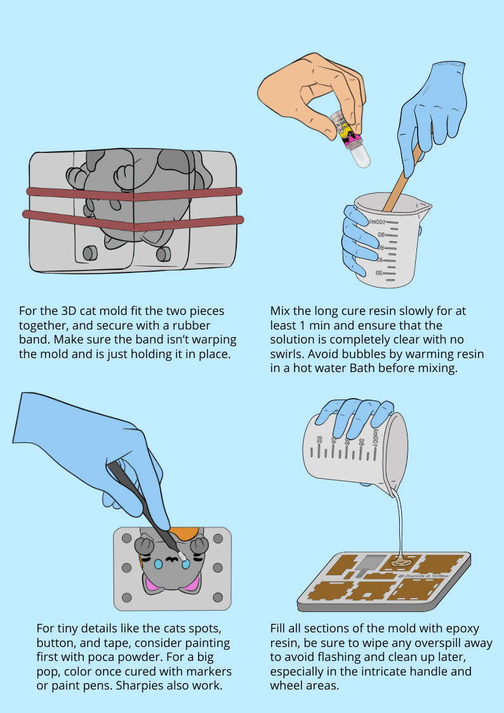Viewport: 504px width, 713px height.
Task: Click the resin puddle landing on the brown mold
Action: tap(402, 563)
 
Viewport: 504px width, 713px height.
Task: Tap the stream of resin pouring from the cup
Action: tap(400, 523)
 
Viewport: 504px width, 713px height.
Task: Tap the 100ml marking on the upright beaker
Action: tap(377, 222)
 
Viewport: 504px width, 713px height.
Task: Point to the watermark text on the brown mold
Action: tap(423, 576)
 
